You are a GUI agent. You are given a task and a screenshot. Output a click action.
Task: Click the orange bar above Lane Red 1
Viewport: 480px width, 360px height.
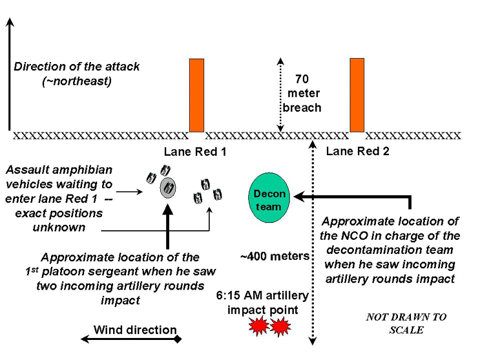point(196,95)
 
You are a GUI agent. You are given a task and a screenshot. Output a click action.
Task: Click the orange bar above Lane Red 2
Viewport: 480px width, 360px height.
point(357,95)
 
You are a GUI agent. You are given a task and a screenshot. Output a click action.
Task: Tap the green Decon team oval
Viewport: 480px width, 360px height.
point(268,198)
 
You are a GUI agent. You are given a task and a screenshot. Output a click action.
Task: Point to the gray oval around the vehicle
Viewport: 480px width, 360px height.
point(168,188)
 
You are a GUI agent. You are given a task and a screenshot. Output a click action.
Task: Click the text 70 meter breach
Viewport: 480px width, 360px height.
point(302,94)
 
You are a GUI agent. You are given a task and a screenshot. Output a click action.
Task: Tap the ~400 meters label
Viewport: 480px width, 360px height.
point(275,256)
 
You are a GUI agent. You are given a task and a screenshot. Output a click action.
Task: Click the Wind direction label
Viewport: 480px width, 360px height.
point(135,330)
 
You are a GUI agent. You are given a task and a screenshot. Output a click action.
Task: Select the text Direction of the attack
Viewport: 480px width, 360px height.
point(77,67)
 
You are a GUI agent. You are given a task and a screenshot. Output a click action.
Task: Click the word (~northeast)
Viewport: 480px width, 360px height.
point(77,81)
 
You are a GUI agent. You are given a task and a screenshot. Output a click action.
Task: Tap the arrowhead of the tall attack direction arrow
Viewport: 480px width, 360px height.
point(9,23)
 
